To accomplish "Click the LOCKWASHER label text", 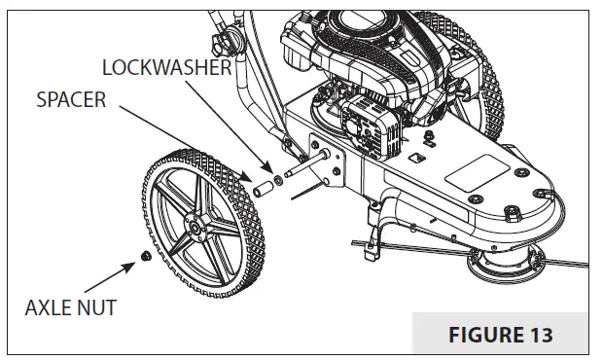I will coord(167,68).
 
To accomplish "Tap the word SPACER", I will coord(72,101).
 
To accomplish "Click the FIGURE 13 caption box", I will coord(502,335).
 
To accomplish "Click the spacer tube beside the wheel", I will coord(264,185).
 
